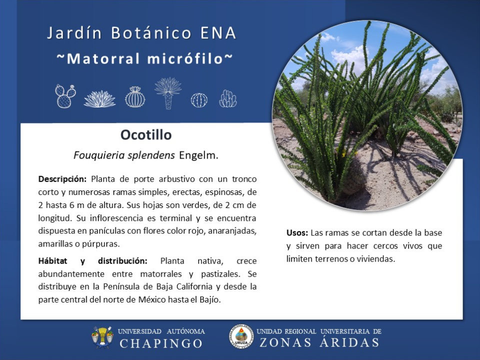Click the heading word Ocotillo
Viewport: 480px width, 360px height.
pos(146,134)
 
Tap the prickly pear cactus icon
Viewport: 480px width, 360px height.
pos(65,96)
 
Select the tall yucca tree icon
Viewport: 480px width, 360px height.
pos(168,93)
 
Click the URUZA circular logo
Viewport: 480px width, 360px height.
pos(241,336)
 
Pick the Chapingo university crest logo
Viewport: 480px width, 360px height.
pos(102,337)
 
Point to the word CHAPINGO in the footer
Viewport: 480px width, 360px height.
pos(161,343)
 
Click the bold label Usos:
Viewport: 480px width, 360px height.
pos(297,233)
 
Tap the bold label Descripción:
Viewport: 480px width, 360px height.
pos(62,179)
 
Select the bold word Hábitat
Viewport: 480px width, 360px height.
pos(52,261)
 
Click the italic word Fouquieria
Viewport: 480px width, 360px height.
pos(99,155)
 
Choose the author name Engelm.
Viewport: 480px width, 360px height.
pos(198,155)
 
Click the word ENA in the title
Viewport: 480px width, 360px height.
pos(218,33)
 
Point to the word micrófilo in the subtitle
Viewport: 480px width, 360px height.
pos(185,58)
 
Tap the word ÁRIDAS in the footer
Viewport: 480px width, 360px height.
pos(349,342)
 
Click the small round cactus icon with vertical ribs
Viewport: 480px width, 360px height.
pos(199,100)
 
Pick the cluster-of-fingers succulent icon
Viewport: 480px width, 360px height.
pos(228,98)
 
